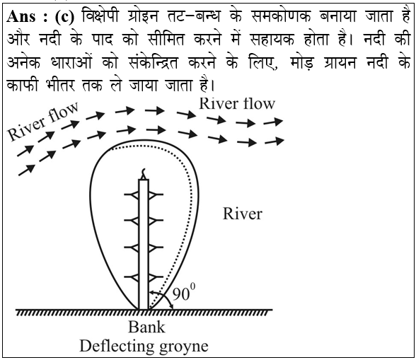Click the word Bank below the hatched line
(146, 327)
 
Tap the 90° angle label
(184, 292)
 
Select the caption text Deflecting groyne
(144, 346)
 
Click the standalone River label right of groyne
(243, 214)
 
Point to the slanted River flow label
(43, 121)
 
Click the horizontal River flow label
(237, 103)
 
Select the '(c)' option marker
(65, 17)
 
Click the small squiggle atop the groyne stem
(144, 174)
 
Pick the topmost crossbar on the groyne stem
(144, 194)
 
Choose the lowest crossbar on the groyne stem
(144, 277)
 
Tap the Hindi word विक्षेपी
(100, 16)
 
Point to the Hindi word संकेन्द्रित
(153, 63)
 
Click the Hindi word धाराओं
(71, 62)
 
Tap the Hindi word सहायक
(272, 40)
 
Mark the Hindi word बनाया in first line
(337, 17)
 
